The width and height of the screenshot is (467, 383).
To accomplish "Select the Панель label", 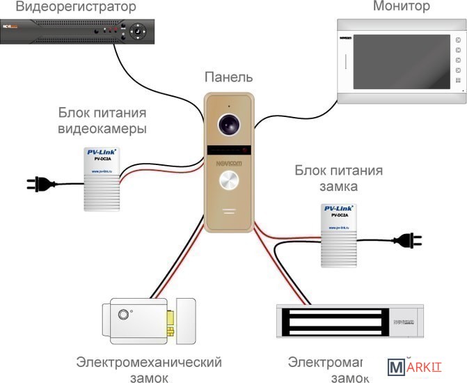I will [228, 77].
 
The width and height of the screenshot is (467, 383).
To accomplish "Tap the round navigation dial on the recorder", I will [138, 32].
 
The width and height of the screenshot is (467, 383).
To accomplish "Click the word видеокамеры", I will [102, 130].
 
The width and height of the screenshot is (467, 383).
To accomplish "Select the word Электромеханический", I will [149, 362].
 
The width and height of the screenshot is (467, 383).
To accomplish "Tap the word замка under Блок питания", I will [338, 187].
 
